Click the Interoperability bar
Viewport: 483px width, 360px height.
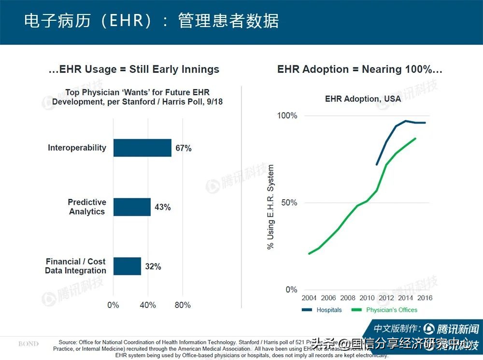pyautogui.click(x=142, y=148)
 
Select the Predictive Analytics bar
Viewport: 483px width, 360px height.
pyautogui.click(x=132, y=207)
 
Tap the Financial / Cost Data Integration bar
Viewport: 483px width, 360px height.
pyautogui.click(x=127, y=266)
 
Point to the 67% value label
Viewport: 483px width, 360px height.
pyautogui.click(x=184, y=148)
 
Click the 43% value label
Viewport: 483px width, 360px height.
pyautogui.click(x=162, y=208)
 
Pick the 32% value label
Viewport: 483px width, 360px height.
pyautogui.click(x=153, y=266)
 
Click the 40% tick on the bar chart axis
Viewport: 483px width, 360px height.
pyautogui.click(x=148, y=305)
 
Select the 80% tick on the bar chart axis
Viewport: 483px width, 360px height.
pyautogui.click(x=182, y=305)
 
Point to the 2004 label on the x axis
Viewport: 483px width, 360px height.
pyautogui.click(x=309, y=298)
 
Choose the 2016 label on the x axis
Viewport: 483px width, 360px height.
pyautogui.click(x=425, y=298)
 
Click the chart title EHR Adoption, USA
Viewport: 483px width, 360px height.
pyautogui.click(x=363, y=98)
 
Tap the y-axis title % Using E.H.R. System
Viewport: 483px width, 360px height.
pyautogui.click(x=270, y=207)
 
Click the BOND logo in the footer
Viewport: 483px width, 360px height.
pyautogui.click(x=28, y=344)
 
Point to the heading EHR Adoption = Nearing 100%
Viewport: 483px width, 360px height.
pyautogui.click(x=359, y=69)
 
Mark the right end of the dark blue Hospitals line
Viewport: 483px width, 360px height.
pyautogui.click(x=425, y=123)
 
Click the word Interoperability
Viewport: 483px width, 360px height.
pyautogui.click(x=77, y=148)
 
